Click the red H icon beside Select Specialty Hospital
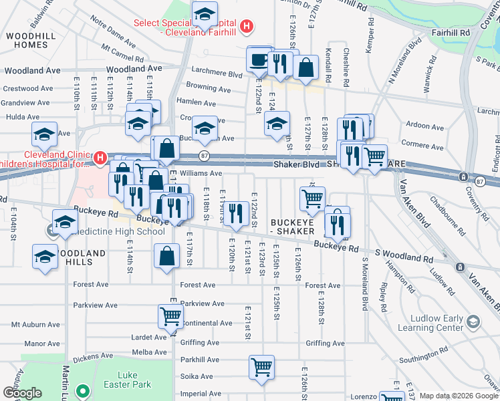[247, 27]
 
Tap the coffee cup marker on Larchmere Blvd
[258, 60]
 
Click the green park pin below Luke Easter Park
[83, 392]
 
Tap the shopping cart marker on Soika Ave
[261, 366]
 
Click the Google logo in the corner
[21, 393]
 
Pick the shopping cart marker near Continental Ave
[170, 317]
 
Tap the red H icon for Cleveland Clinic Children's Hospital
[100, 158]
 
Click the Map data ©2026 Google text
[459, 396]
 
